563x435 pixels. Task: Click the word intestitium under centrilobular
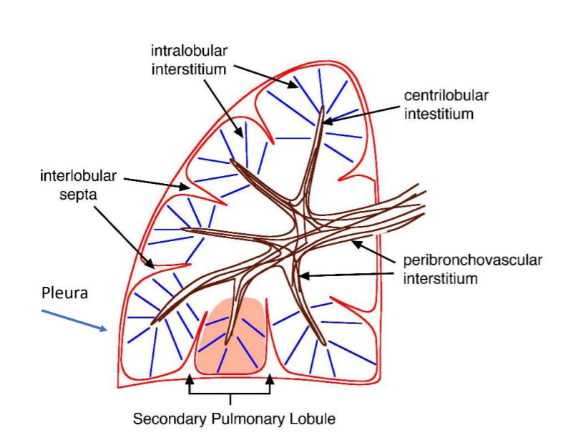click(439, 113)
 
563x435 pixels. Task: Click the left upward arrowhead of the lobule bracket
click(190, 379)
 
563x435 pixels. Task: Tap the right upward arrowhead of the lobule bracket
click(270, 379)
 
